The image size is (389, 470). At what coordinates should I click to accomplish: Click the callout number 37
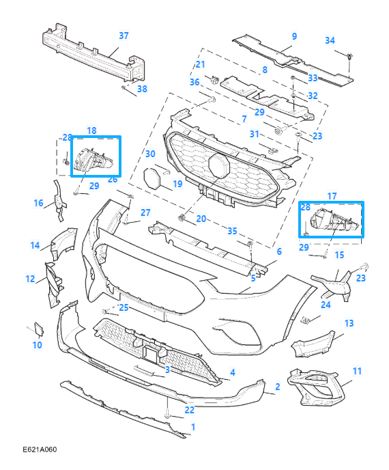(x=124, y=35)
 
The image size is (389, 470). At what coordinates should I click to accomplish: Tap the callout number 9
(x=294, y=36)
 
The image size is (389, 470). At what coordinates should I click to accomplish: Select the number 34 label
(x=330, y=40)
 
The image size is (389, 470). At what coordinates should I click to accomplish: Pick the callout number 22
(x=189, y=410)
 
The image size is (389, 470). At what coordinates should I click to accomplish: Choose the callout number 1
(x=193, y=427)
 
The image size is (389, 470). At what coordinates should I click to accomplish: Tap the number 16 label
(x=39, y=203)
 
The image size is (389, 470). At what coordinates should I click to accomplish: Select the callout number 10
(x=37, y=346)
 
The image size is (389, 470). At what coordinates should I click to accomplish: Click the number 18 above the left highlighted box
(x=91, y=130)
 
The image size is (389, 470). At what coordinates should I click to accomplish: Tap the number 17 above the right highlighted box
(x=332, y=196)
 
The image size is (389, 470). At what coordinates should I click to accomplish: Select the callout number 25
(x=123, y=308)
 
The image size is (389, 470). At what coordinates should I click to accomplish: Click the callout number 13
(x=349, y=323)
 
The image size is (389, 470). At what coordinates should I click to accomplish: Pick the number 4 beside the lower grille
(x=233, y=372)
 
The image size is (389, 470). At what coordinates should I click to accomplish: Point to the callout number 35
(x=233, y=231)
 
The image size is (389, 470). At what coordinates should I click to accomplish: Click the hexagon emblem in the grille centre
(x=220, y=166)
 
